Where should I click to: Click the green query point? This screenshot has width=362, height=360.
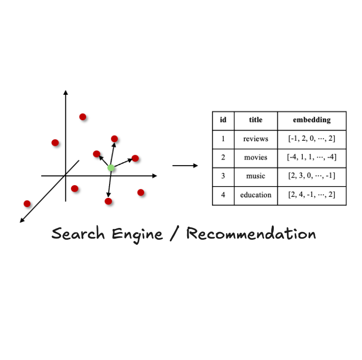111,168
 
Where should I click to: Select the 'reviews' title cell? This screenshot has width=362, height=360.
255,139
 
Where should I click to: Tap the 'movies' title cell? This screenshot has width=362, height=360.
255,158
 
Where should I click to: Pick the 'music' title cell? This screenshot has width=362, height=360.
255,176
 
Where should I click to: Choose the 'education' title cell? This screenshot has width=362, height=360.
255,195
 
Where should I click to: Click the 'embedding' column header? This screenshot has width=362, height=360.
312,120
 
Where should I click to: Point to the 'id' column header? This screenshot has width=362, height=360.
223,120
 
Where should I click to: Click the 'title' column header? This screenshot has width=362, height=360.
255,120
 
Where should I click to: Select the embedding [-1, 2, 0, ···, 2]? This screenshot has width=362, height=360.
312,139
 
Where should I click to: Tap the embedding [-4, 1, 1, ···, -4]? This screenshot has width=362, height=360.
312,158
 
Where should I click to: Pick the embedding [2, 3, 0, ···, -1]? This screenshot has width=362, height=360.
312,176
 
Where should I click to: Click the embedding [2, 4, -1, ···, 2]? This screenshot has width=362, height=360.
312,195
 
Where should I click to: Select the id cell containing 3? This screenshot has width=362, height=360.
223,176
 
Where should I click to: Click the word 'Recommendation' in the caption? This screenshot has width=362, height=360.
251,234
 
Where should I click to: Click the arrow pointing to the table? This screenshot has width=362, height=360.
185,165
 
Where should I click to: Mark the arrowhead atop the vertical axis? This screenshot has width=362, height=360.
65,92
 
